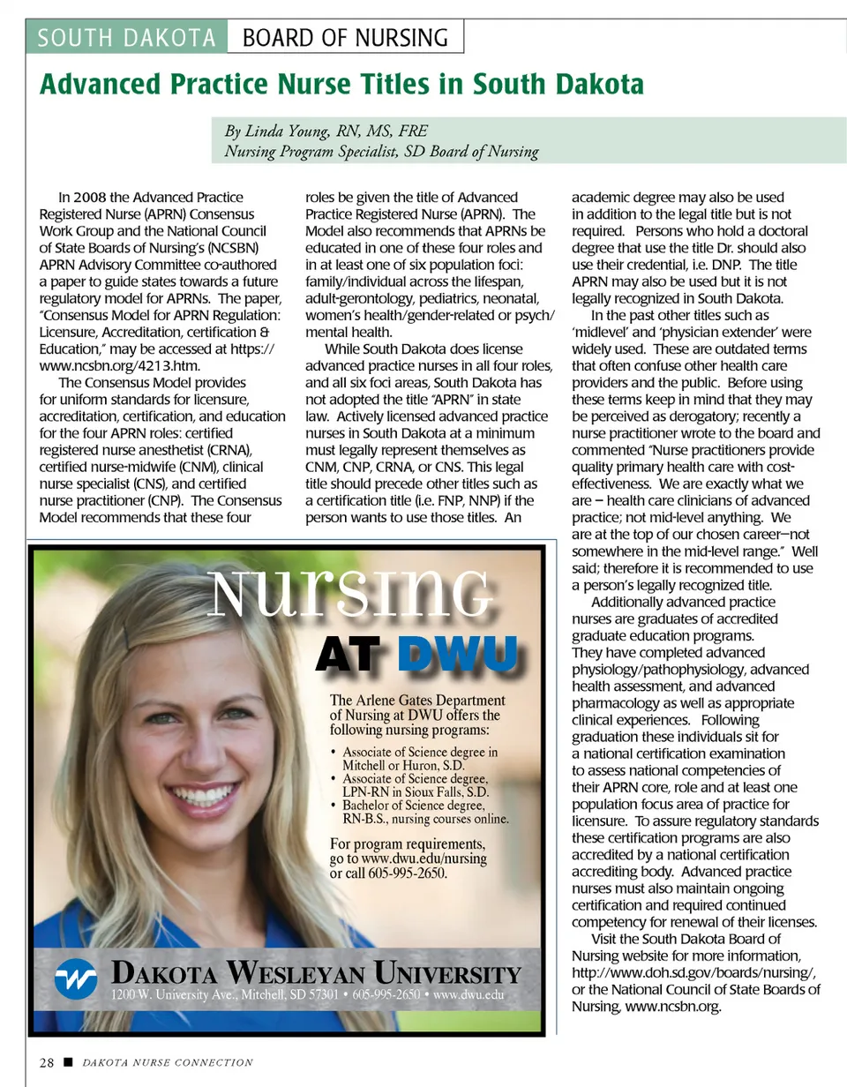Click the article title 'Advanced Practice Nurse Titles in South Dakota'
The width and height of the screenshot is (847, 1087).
[x=341, y=86]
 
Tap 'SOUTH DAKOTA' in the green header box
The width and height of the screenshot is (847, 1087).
[x=128, y=38]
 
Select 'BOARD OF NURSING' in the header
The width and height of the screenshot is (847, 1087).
[x=345, y=38]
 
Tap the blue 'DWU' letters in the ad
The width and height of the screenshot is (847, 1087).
[x=456, y=655]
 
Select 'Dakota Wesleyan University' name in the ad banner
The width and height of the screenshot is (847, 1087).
[x=316, y=974]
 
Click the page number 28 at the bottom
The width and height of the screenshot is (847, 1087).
[x=47, y=1062]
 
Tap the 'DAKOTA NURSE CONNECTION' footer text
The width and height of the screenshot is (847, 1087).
[x=168, y=1062]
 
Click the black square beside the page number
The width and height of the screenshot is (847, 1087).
[x=66, y=1062]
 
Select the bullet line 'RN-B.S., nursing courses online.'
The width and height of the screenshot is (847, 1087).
[x=425, y=819]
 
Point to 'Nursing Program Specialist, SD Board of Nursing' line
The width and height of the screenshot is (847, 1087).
[x=381, y=152]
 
